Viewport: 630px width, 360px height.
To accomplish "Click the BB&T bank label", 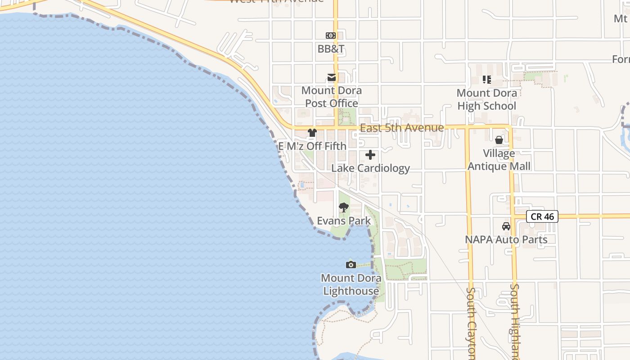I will click(331, 49).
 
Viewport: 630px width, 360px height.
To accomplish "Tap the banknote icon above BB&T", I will click(331, 36).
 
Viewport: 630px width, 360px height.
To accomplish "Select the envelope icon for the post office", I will click(332, 77).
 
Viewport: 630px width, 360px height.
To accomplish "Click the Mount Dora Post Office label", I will click(332, 97).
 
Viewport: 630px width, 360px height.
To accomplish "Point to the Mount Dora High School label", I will click(486, 99).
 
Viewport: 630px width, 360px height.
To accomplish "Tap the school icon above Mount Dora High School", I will click(486, 80).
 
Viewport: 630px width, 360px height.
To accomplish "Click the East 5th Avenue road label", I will click(402, 128).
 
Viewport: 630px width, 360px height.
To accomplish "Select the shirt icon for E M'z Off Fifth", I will click(312, 133).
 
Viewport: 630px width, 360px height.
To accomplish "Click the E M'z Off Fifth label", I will click(312, 146).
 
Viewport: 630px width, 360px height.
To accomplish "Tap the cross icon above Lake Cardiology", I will click(370, 155).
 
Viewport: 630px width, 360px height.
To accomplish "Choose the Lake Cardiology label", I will click(370, 168).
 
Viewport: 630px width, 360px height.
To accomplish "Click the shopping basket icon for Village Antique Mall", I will click(499, 140).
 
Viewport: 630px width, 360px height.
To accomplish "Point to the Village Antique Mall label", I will click(499, 160).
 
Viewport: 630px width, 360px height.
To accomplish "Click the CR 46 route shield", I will click(542, 216).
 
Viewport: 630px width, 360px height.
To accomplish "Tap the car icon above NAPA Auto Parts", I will click(506, 226).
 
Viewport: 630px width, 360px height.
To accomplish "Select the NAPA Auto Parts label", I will click(506, 239).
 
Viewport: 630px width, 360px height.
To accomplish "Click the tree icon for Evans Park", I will click(344, 207).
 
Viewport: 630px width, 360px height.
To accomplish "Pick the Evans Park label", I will click(344, 221).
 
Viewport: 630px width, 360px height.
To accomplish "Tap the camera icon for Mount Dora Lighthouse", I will click(351, 265).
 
